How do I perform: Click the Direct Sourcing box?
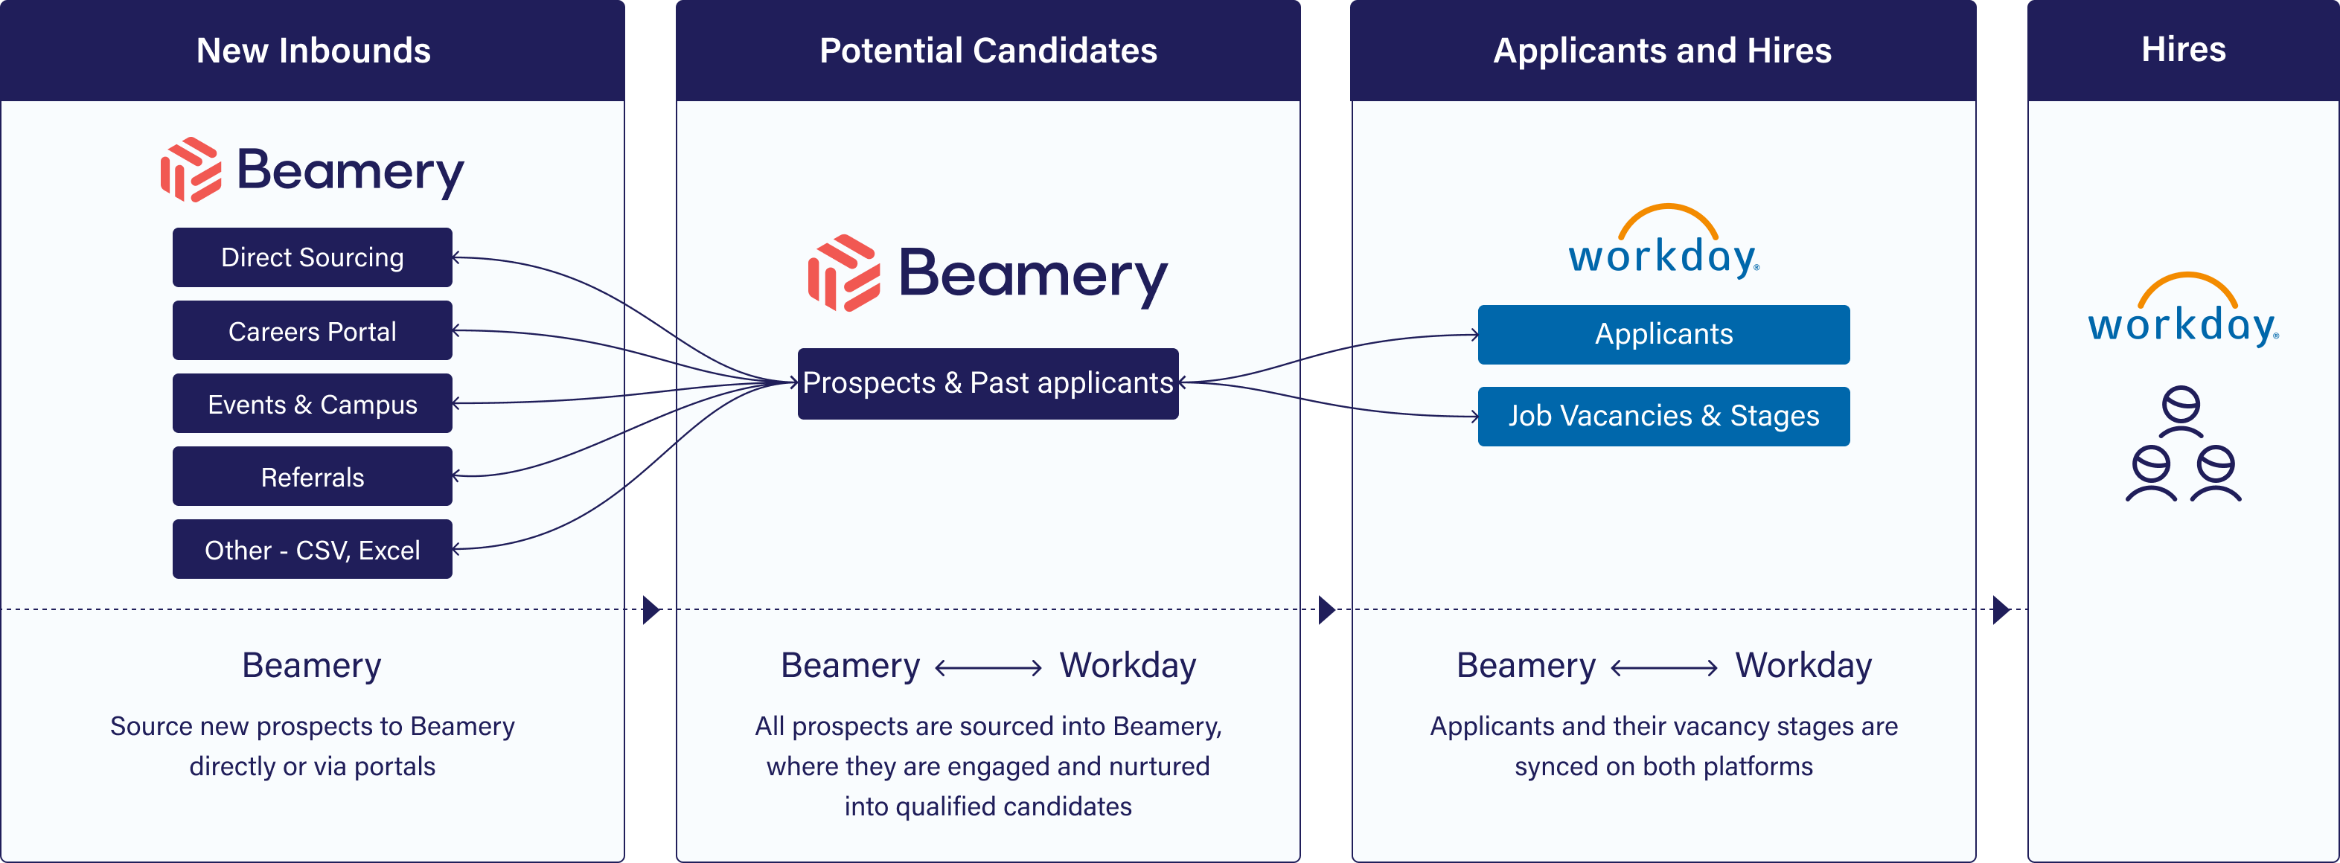tap(312, 257)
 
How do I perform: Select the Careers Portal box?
tap(312, 330)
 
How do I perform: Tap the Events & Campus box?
tap(312, 403)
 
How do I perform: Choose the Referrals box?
tap(312, 476)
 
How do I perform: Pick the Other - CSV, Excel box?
tap(312, 549)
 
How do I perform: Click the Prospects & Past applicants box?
tap(988, 383)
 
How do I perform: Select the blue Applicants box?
tap(1663, 334)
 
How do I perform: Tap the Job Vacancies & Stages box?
tap(1663, 416)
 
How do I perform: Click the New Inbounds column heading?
tap(313, 51)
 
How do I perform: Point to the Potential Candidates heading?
tap(988, 51)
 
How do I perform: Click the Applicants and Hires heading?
tap(1663, 51)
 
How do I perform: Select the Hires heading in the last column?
tap(2183, 49)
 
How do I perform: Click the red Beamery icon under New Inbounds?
tap(191, 170)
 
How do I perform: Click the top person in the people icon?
tap(2181, 411)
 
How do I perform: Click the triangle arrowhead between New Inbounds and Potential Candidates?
tap(651, 609)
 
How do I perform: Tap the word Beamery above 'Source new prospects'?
tap(312, 666)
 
